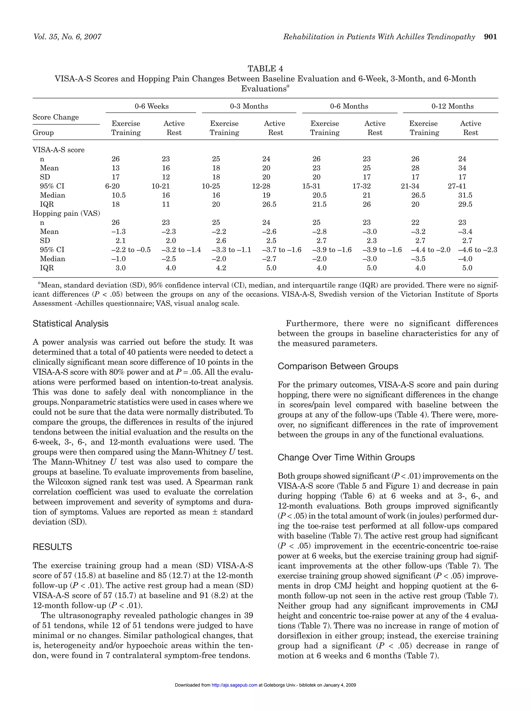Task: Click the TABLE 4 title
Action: [x=265, y=68]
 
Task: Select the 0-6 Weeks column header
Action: [x=151, y=106]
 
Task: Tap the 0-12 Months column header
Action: [x=452, y=106]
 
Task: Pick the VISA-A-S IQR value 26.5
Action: [x=269, y=204]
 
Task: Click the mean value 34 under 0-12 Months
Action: [x=462, y=168]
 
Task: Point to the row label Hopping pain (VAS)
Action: [x=66, y=213]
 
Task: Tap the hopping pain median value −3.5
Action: [x=418, y=259]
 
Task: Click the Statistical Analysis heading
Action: [x=70, y=324]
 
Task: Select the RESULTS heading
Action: [x=52, y=547]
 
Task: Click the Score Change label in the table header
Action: [x=55, y=117]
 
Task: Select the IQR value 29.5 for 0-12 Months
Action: [x=465, y=204]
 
